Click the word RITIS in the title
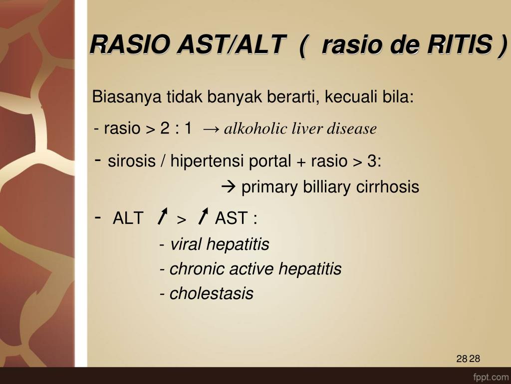pyautogui.click(x=460, y=44)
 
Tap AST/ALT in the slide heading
pyautogui.click(x=232, y=44)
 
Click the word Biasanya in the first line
pyautogui.click(x=127, y=97)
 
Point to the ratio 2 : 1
pyautogui.click(x=176, y=128)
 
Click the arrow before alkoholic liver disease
pyautogui.click(x=211, y=129)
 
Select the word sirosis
pyautogui.click(x=132, y=160)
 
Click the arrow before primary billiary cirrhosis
pyautogui.click(x=229, y=187)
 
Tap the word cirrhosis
pyautogui.click(x=387, y=187)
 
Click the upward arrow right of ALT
pyautogui.click(x=162, y=216)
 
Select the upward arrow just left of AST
pyautogui.click(x=203, y=216)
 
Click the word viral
pyautogui.click(x=186, y=244)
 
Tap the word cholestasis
pyautogui.click(x=211, y=293)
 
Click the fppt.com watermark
pyautogui.click(x=490, y=377)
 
